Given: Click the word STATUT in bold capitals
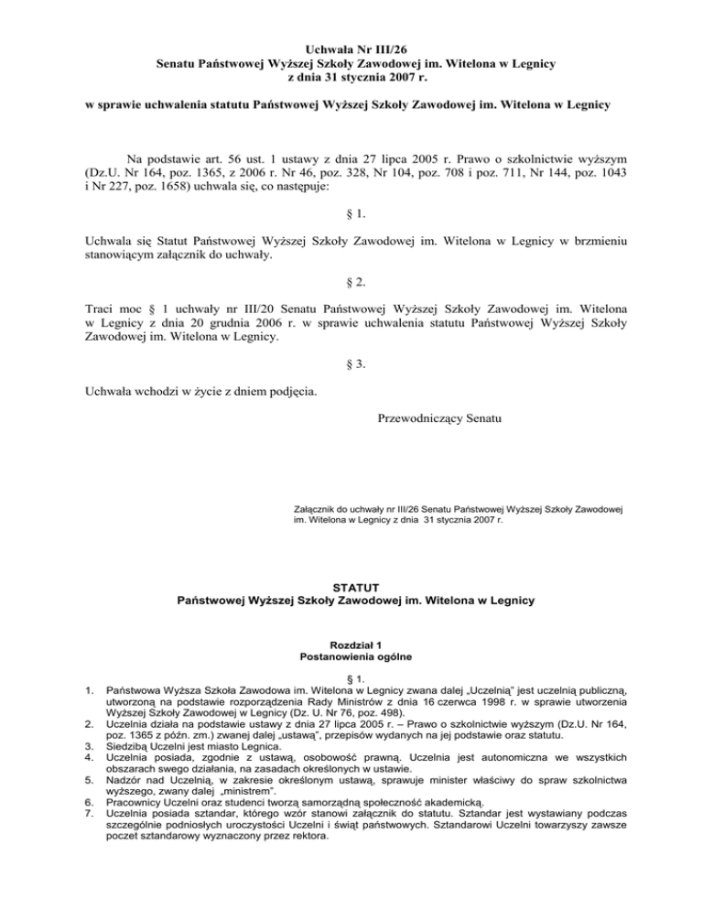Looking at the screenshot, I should click(351, 585).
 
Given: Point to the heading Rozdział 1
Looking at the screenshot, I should click(351, 643).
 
